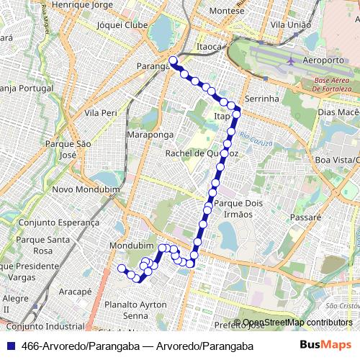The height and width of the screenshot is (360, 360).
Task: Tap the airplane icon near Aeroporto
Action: click(291, 60)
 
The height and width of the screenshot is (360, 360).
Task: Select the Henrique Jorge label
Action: click(85, 5)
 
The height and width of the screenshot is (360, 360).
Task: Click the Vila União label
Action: click(290, 24)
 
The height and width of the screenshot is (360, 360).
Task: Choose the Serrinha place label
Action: click(261, 98)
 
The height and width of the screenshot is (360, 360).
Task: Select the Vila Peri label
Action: click(101, 113)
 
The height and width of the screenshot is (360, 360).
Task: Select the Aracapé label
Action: click(76, 292)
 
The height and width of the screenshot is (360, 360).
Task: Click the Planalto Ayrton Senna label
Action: click(130, 310)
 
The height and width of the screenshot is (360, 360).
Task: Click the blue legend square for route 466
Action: click(12, 346)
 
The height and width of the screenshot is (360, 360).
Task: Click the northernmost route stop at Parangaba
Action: click(173, 60)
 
